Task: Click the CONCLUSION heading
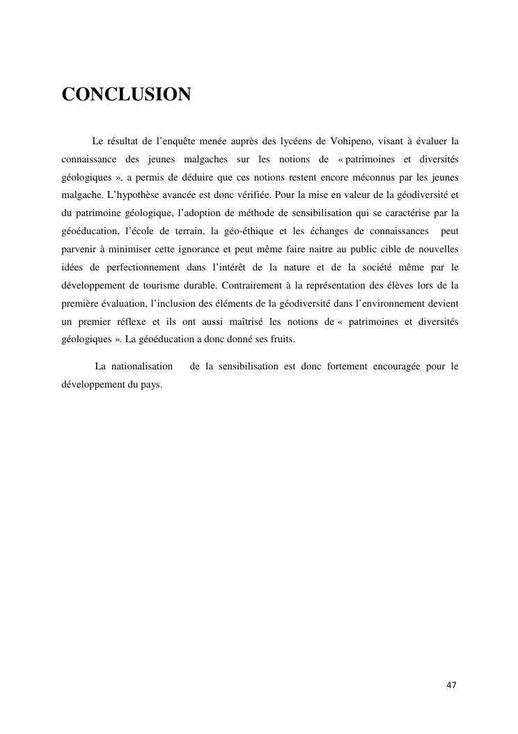point(126,95)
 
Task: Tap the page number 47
point(451,685)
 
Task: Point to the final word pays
point(152,385)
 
